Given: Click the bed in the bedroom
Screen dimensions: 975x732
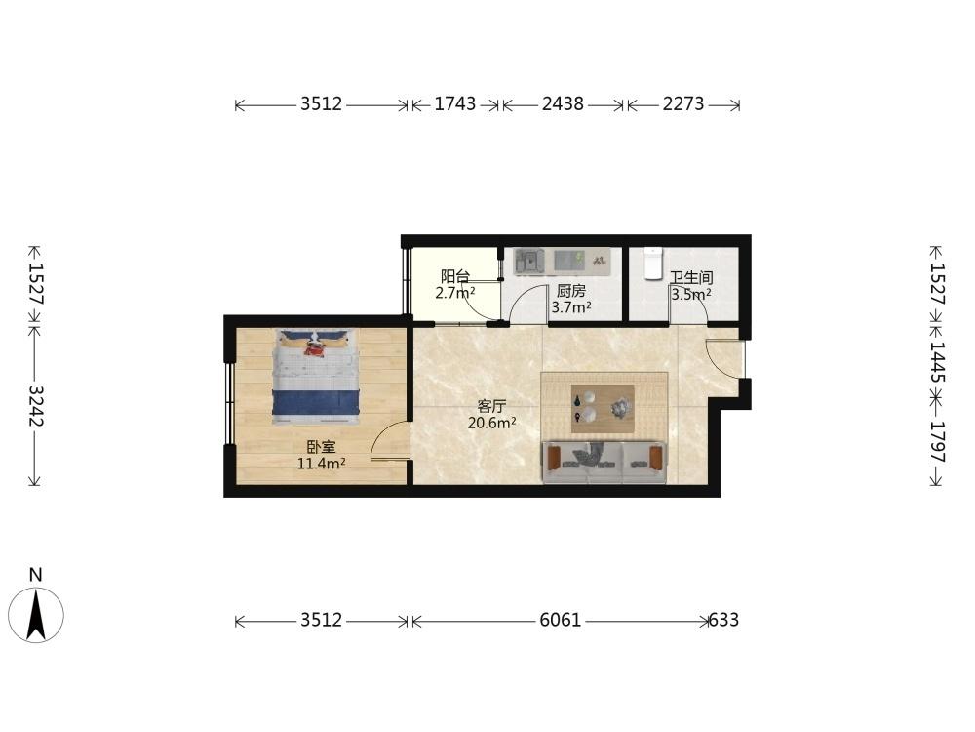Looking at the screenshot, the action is click(317, 377).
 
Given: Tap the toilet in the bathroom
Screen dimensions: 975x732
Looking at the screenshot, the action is click(652, 264).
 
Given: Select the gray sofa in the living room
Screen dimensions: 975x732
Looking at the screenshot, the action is click(604, 463).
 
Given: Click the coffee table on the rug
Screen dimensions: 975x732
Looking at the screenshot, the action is click(603, 408).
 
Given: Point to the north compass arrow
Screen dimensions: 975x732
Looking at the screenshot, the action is click(36, 614).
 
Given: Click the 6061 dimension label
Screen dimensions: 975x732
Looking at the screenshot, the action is click(561, 620).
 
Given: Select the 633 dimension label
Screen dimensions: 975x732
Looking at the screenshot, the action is click(723, 620).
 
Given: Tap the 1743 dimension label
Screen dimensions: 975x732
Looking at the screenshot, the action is click(454, 104).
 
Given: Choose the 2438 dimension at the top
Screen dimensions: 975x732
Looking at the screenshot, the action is click(563, 104).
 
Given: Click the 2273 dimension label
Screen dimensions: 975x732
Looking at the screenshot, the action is click(683, 104).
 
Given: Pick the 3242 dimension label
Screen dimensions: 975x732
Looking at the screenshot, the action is click(36, 406).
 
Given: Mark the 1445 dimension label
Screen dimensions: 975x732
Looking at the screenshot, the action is click(937, 363).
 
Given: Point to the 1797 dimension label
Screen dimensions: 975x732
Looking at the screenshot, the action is click(937, 442).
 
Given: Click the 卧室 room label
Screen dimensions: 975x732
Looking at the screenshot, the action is click(322, 447).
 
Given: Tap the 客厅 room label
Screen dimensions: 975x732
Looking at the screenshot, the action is click(491, 406).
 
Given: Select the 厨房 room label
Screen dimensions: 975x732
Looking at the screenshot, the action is click(570, 291).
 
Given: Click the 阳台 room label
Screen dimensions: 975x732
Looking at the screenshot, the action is click(455, 276).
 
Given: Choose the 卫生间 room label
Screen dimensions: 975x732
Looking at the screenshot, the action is click(691, 277).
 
